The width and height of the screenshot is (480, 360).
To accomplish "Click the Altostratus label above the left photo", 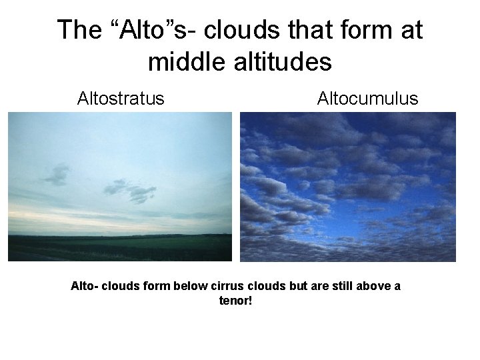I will [120, 99].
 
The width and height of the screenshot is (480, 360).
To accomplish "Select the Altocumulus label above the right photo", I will [367, 99].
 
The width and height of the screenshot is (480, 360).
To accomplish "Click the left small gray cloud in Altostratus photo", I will [57, 175].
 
